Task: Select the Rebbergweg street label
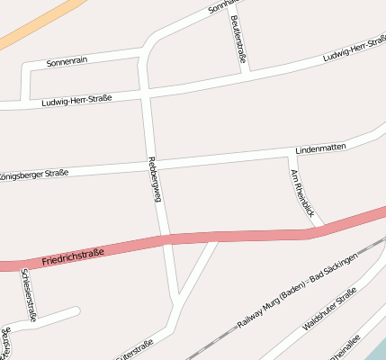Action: [x=153, y=179]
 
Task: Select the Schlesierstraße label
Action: [x=28, y=294]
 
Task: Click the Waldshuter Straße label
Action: [x=329, y=309]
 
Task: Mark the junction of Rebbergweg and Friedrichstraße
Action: [x=166, y=238]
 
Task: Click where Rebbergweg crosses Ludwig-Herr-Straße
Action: [x=147, y=91]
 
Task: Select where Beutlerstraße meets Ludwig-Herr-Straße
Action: [x=247, y=70]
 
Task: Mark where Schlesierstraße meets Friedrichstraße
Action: [x=20, y=265]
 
